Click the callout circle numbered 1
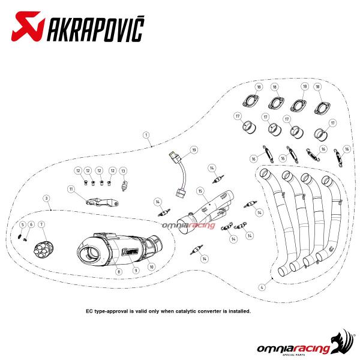pos(146,135)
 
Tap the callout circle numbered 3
pos(47,198)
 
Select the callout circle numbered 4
pos(262,287)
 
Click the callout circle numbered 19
pos(194,150)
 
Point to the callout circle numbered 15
pos(200,191)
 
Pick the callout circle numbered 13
pos(123,171)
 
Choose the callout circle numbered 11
pos(71,189)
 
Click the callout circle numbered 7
pos(41,224)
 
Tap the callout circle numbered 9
pos(136,271)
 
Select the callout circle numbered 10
pos(152,267)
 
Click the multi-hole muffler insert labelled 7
pos(44,250)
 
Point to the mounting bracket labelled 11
pos(102,202)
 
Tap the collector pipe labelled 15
pos(205,212)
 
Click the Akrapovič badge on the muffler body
pos(131,251)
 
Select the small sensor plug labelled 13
pos(124,186)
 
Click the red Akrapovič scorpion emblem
pos(28,26)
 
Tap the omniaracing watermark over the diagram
pos(188,226)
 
